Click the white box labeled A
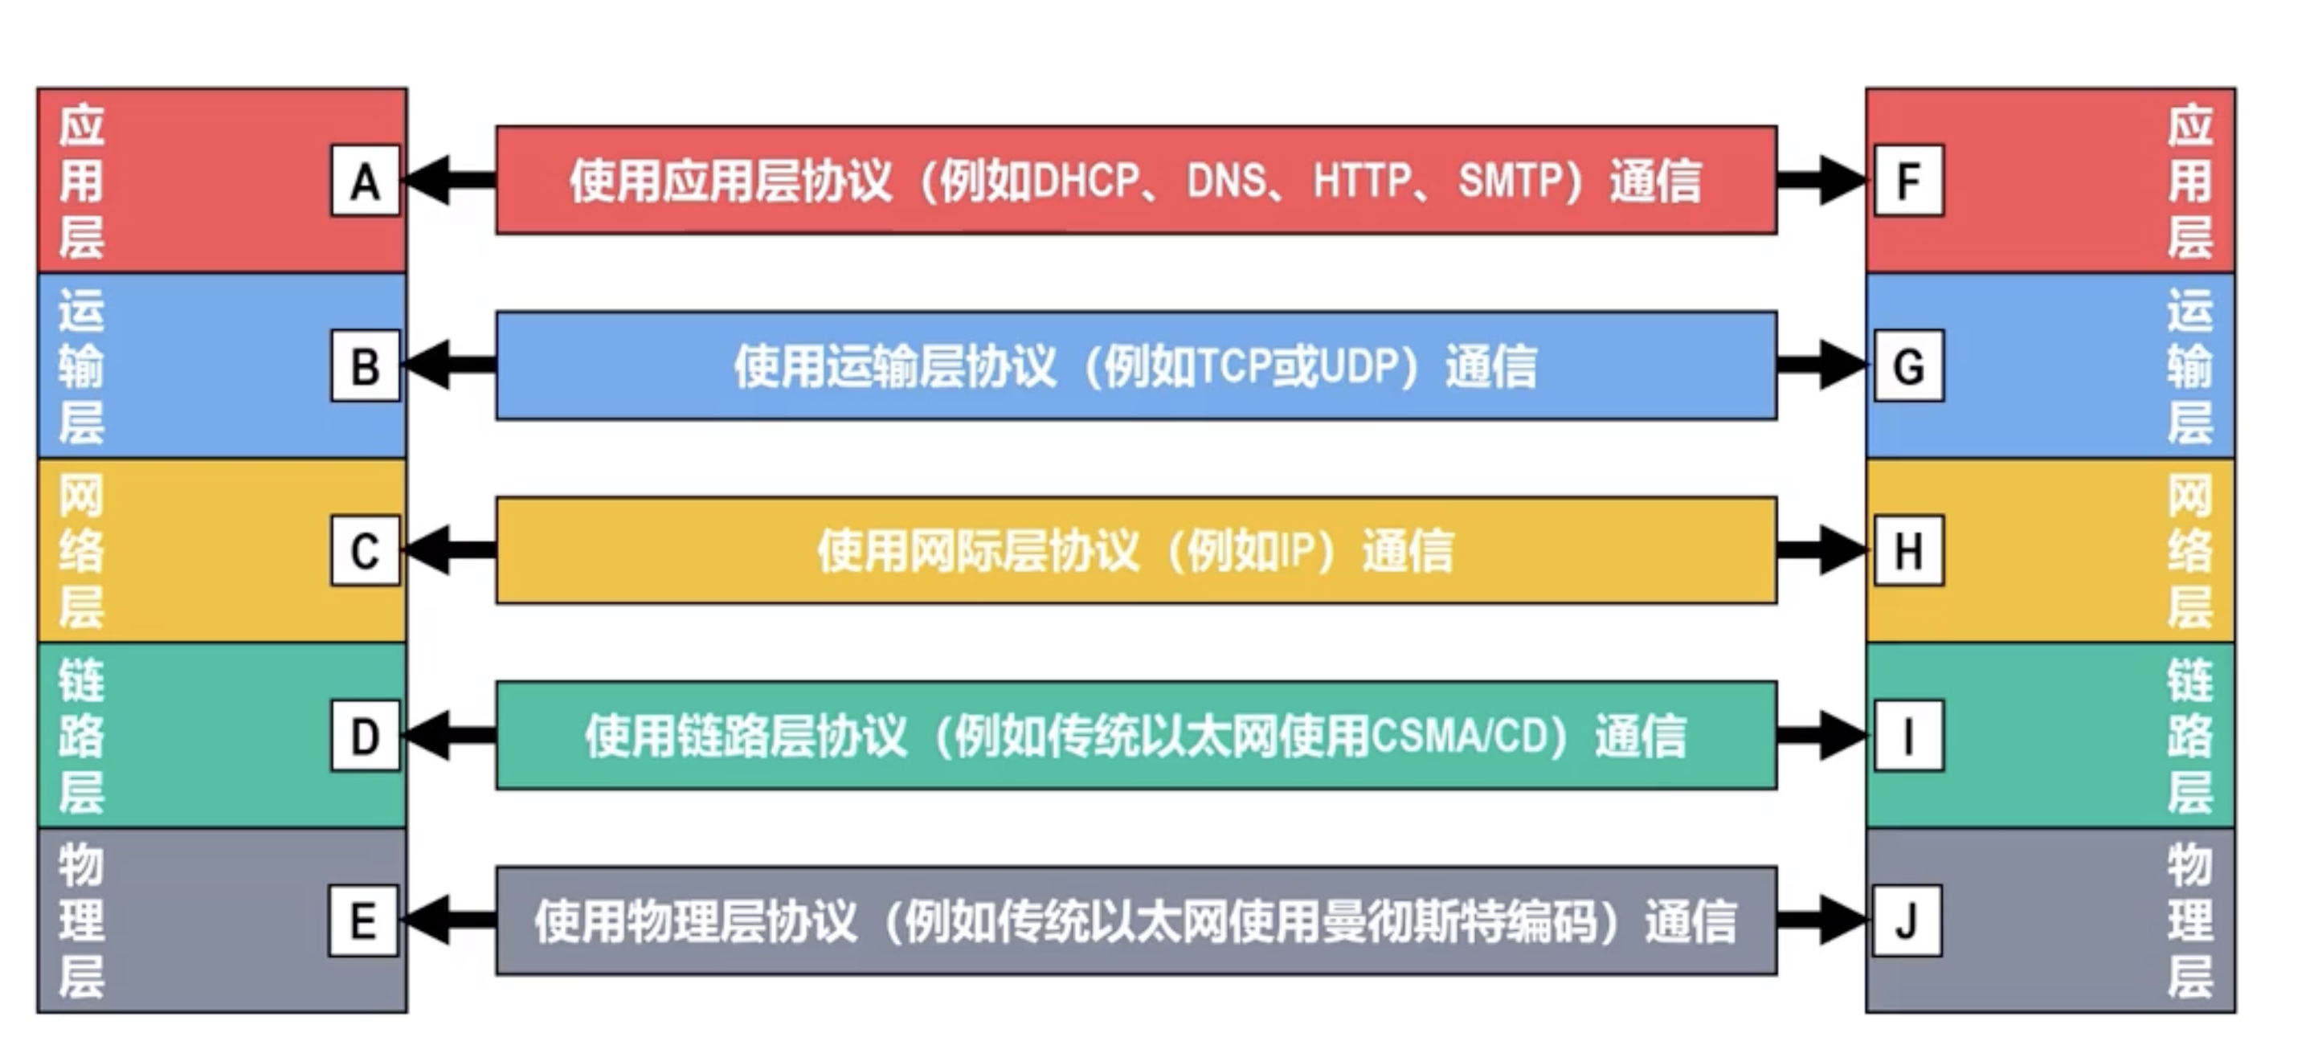click(x=365, y=181)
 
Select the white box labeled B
click(x=365, y=365)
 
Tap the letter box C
click(x=365, y=550)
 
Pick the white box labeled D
click(x=365, y=736)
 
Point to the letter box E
click(x=363, y=921)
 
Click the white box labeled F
click(x=1909, y=181)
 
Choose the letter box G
click(x=1909, y=365)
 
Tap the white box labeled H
click(x=1909, y=550)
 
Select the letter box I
click(x=1909, y=736)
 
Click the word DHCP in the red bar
click(x=1086, y=181)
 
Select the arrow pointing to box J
click(x=1821, y=921)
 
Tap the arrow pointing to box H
click(x=1821, y=550)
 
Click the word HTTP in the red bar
click(x=1362, y=181)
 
